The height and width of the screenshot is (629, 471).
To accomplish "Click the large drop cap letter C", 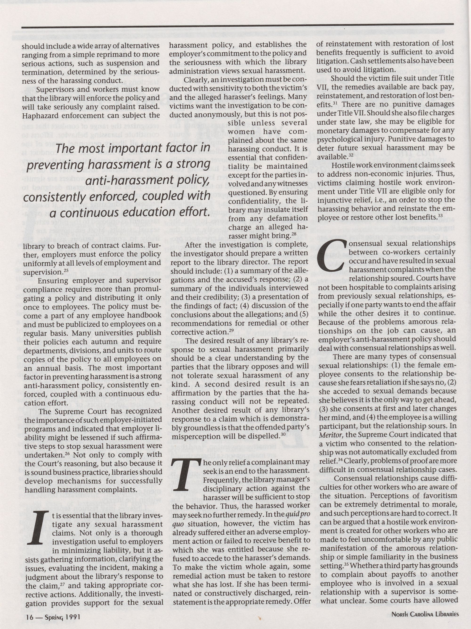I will [x=331, y=255].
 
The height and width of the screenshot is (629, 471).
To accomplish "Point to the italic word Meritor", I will [x=329, y=435].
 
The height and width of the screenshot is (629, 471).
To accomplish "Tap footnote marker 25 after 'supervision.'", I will [x=66, y=270].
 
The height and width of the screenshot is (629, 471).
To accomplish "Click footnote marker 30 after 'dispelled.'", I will [x=282, y=434].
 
